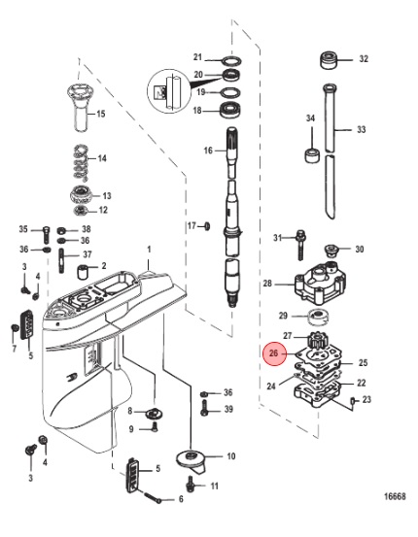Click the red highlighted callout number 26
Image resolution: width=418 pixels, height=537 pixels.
coord(273,353)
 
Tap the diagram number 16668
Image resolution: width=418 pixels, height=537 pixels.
coord(395,496)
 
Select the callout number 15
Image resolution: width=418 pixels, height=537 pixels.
coord(101,114)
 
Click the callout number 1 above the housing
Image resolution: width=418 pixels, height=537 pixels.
coord(149,250)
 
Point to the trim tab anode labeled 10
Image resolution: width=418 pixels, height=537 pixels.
coord(191,461)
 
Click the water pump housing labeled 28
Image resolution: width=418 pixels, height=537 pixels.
coord(320,285)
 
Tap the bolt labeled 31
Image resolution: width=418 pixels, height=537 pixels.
coord(300,245)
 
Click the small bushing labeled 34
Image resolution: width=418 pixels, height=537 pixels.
coord(312,155)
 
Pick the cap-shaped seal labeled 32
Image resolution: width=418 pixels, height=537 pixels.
coord(329,61)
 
